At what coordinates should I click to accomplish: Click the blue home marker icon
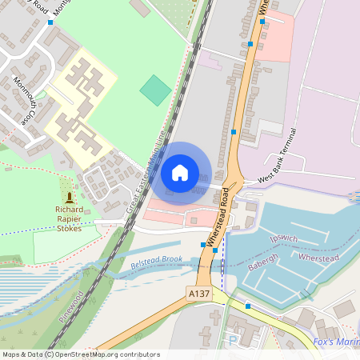coord(180,172)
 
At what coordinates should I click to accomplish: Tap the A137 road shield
coord(199,295)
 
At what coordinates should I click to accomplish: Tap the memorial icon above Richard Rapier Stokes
coord(70,196)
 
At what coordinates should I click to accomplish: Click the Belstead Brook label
coord(156,262)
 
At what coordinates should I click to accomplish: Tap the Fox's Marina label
coord(335,342)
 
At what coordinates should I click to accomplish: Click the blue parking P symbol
coord(232,340)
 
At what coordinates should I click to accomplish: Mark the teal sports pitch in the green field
coord(155,90)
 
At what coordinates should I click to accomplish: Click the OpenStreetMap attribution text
coord(80,354)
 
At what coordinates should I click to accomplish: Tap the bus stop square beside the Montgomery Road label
coord(50,22)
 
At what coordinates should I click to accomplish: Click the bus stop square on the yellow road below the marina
coord(248,306)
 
